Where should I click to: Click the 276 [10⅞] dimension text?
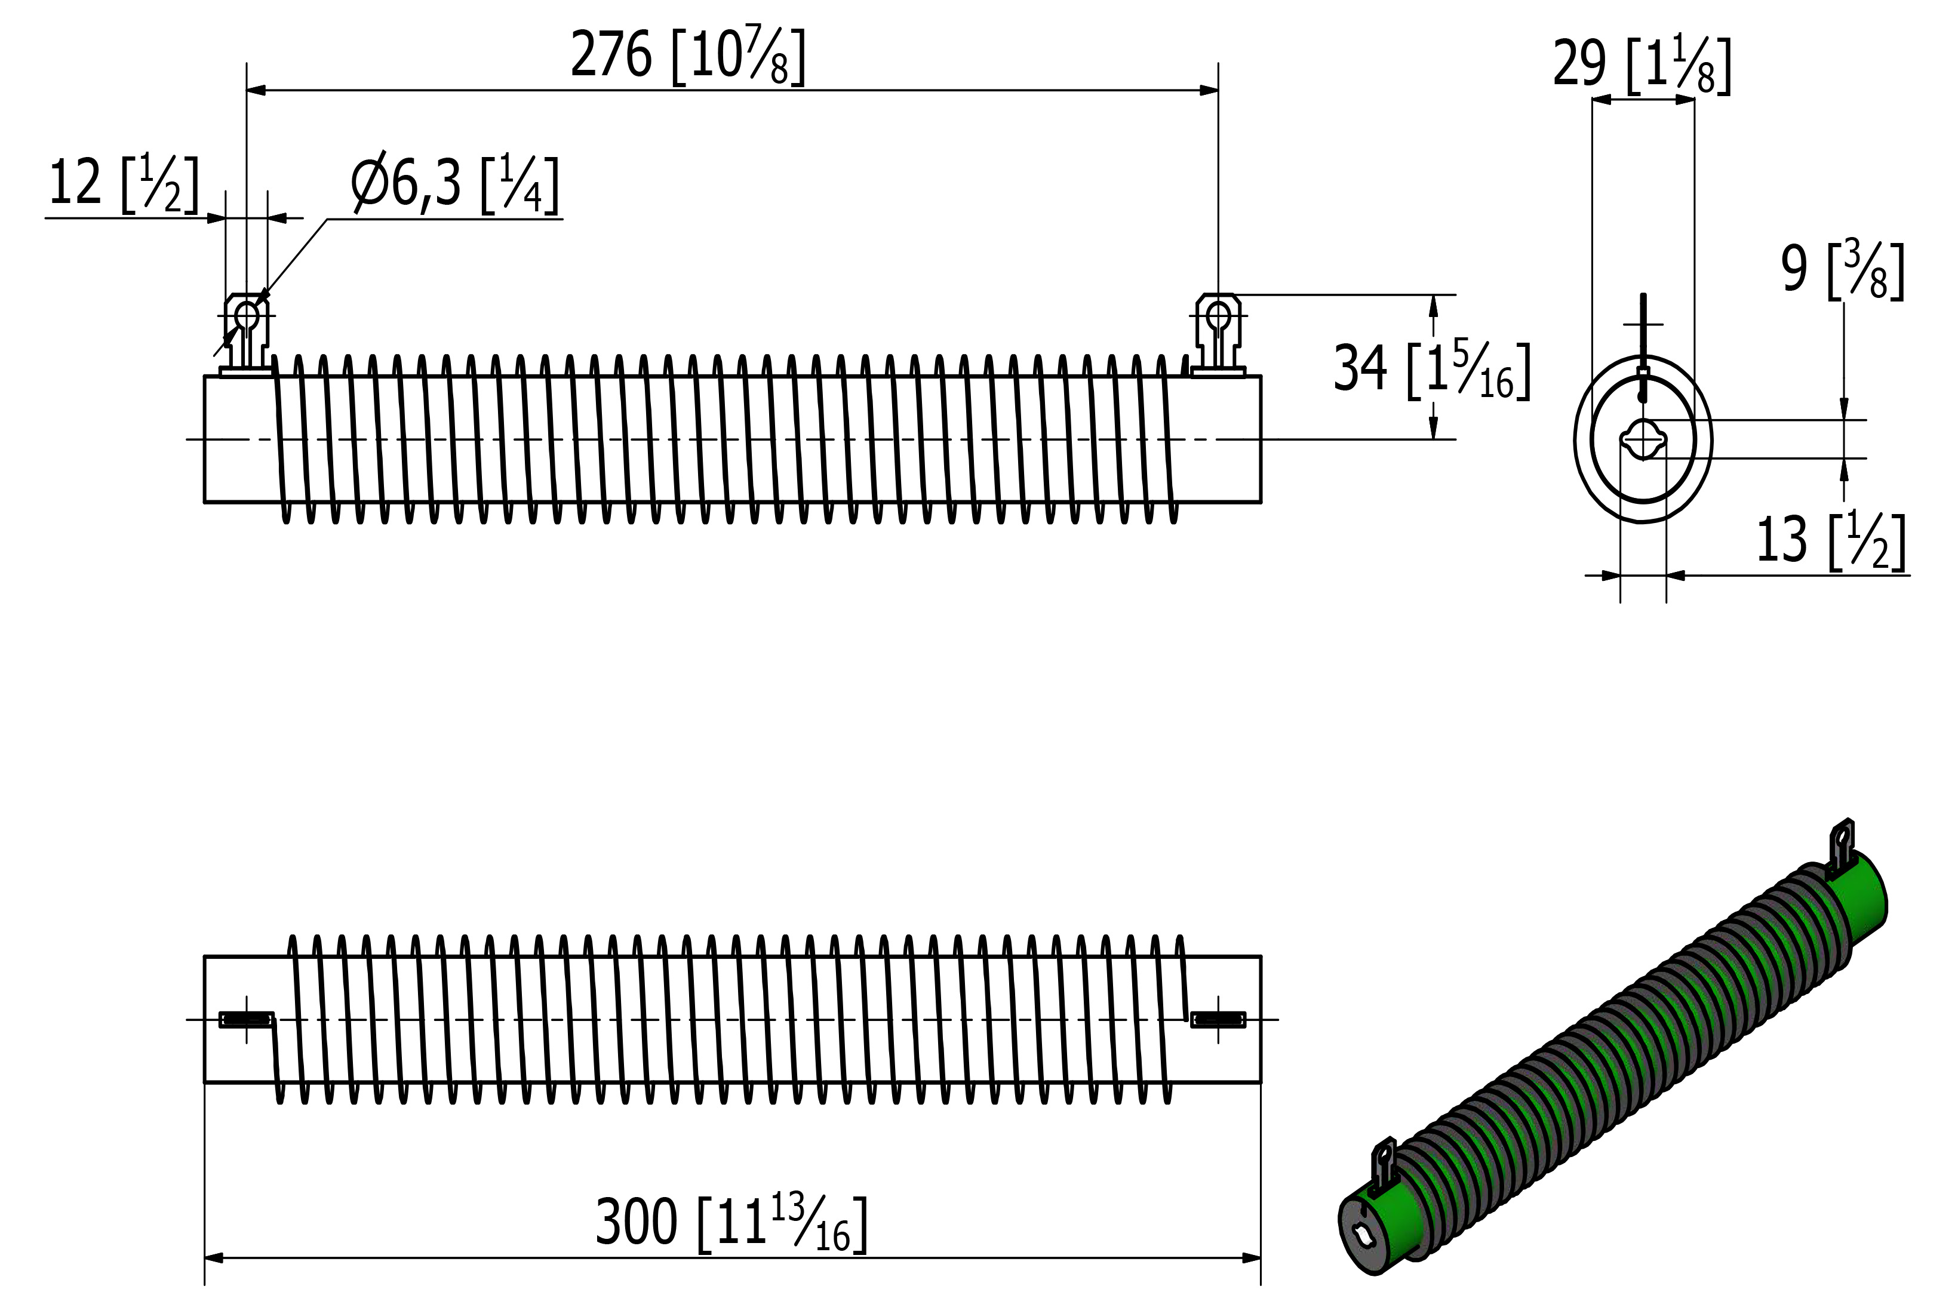tap(688, 56)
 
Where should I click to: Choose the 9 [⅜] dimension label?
tap(1843, 270)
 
